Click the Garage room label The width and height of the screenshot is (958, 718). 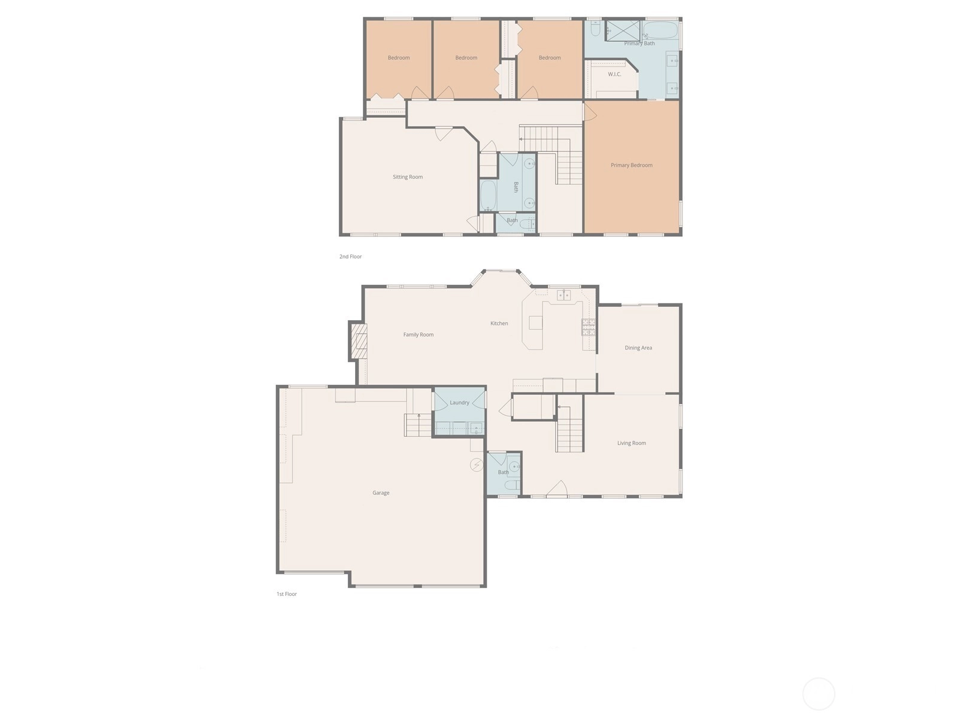pyautogui.click(x=381, y=492)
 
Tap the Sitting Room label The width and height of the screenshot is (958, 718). pyautogui.click(x=407, y=177)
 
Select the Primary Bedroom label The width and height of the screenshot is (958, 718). pyautogui.click(x=631, y=165)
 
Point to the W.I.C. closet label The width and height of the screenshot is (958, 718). pyautogui.click(x=614, y=74)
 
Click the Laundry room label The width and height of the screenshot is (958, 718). pyautogui.click(x=459, y=402)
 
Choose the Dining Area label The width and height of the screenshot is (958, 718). pyautogui.click(x=638, y=348)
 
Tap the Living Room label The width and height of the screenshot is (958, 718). pyautogui.click(x=631, y=443)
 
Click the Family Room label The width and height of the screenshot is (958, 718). pyautogui.click(x=418, y=334)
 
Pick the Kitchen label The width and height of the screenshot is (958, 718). pyautogui.click(x=499, y=323)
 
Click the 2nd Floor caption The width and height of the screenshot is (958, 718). pyautogui.click(x=350, y=256)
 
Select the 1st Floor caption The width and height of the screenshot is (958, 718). pyautogui.click(x=286, y=594)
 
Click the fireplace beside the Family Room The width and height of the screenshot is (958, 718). pyautogui.click(x=358, y=341)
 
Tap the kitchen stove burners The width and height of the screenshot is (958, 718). pyautogui.click(x=589, y=327)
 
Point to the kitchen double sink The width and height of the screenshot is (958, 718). pyautogui.click(x=563, y=295)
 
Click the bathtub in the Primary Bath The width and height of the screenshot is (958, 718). pyautogui.click(x=660, y=31)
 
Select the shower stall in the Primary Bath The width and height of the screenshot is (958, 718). pyautogui.click(x=622, y=30)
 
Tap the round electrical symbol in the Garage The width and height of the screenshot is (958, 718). pyautogui.click(x=476, y=465)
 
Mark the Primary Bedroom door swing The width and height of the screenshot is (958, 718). pyautogui.click(x=590, y=112)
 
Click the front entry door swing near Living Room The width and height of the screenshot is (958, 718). pyautogui.click(x=557, y=488)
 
